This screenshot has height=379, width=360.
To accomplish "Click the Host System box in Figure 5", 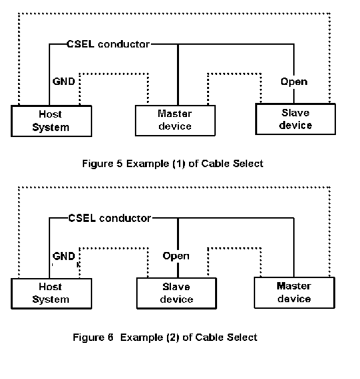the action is (x=51, y=121).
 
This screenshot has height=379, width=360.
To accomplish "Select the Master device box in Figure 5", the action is (x=175, y=120).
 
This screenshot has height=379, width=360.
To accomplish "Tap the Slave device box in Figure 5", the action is (x=295, y=119).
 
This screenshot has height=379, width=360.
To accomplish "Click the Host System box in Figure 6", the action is (x=51, y=293).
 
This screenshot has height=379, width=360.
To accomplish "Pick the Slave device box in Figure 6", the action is (x=176, y=293).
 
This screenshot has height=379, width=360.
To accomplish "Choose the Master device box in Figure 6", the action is (x=295, y=293).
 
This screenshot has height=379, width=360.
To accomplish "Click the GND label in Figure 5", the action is (x=63, y=82).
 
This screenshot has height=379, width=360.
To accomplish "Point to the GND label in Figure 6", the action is (x=63, y=256).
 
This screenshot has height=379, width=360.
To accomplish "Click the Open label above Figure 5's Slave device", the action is (x=294, y=82).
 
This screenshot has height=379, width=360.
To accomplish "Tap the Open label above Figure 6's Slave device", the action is (x=176, y=256).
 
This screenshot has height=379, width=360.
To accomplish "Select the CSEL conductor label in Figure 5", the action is (x=108, y=44).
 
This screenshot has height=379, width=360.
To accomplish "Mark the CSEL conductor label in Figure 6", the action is (x=110, y=219).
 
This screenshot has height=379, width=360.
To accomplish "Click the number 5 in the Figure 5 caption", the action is (x=120, y=164).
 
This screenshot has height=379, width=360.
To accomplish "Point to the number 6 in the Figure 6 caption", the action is (x=110, y=337).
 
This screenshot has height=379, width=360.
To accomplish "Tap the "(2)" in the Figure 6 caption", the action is (x=173, y=338).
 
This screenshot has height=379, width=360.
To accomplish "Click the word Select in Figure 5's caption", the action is (x=248, y=164).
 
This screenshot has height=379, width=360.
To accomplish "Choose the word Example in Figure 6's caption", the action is (x=142, y=338).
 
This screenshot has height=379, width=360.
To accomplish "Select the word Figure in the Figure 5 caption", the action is (x=98, y=164).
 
